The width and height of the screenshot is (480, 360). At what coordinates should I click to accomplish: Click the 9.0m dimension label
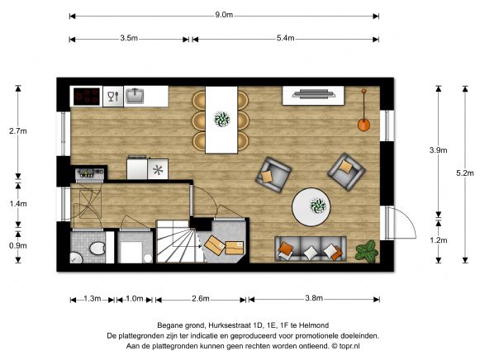(x=224, y=15)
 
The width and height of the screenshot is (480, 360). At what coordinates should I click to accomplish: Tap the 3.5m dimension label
(x=129, y=38)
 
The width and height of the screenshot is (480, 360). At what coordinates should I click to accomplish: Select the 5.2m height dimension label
(x=464, y=173)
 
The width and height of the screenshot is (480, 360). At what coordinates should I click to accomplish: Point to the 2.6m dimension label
(x=201, y=299)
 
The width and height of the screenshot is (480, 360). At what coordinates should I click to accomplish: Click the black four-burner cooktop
(x=87, y=97)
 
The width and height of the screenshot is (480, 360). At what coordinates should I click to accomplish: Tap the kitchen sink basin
(x=135, y=96)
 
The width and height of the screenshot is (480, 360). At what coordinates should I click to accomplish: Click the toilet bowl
(x=97, y=249)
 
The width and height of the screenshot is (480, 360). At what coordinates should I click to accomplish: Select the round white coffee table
(x=311, y=207)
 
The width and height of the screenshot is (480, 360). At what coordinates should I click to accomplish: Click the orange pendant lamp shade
(x=364, y=125)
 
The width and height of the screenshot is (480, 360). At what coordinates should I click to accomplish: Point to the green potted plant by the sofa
(x=367, y=251)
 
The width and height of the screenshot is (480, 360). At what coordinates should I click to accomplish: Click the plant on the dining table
(x=222, y=119)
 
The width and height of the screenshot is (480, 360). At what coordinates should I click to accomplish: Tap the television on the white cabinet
(x=314, y=93)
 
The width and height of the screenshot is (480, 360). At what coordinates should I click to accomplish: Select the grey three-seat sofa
(x=311, y=249)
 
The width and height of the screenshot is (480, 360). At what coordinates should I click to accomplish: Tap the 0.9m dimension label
(x=18, y=245)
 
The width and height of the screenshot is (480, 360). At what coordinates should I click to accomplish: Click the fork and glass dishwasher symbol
(x=113, y=97)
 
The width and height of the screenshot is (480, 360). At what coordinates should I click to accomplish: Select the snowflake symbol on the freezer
(x=158, y=170)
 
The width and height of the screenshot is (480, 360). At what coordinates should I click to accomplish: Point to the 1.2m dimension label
(x=439, y=240)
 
